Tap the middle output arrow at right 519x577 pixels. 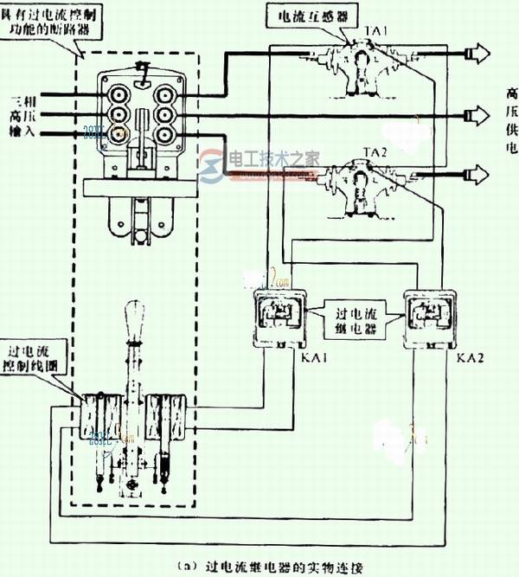478,113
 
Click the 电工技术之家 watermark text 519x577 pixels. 272,160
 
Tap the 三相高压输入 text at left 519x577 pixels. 18,112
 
